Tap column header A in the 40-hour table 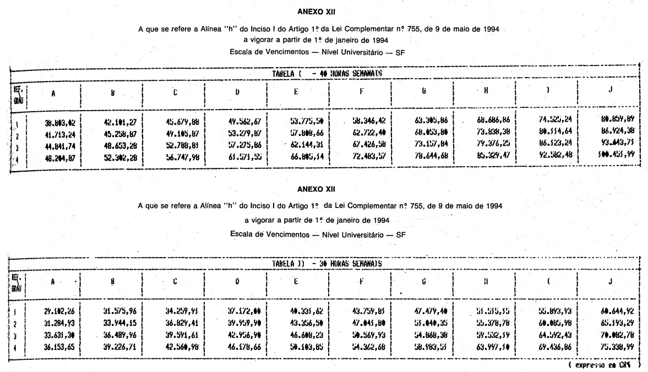coord(53,94)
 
